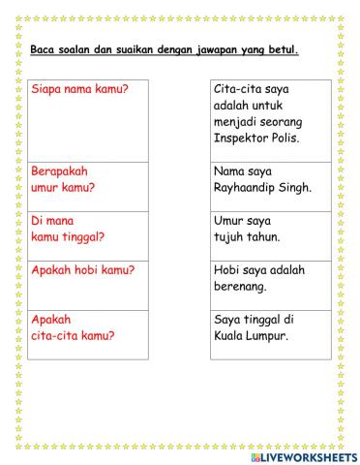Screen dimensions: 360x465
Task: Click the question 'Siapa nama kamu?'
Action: (x=82, y=89)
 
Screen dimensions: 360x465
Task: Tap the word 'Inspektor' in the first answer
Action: (x=244, y=139)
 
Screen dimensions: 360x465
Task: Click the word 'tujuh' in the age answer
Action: (x=230, y=236)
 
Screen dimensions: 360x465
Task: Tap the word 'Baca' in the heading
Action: (x=44, y=49)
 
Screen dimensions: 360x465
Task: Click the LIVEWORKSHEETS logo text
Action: (x=304, y=455)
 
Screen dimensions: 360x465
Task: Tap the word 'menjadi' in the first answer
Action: (x=238, y=122)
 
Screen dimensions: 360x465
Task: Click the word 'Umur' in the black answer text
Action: (x=230, y=220)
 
